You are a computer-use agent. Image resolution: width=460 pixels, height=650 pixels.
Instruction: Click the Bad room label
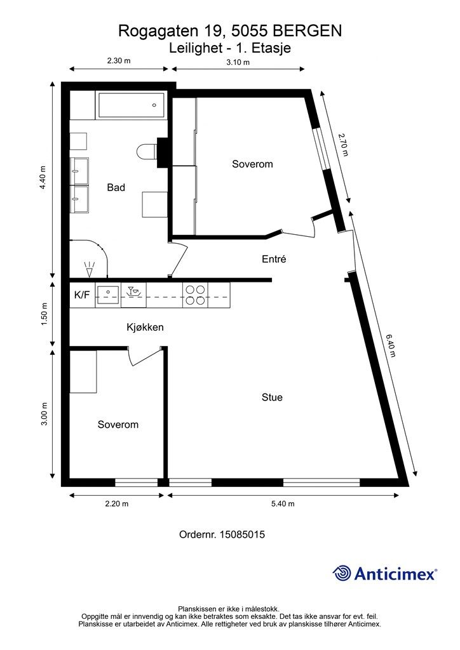[x=116, y=187]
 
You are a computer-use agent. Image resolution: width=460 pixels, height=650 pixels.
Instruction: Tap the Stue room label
[x=272, y=397]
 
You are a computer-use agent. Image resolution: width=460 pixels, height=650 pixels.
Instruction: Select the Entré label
[x=274, y=259]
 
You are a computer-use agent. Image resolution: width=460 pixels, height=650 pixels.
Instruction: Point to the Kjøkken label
[x=145, y=327]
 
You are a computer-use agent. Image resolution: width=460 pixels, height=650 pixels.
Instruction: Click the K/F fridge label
[x=82, y=295]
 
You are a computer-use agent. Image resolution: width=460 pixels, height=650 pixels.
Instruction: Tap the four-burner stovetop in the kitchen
[x=195, y=295]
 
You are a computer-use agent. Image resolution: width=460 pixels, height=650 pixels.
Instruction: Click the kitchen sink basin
[x=108, y=293]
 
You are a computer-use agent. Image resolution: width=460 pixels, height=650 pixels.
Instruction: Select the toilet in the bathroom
[x=146, y=151]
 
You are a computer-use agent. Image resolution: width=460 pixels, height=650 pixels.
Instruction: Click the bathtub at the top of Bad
[x=131, y=105]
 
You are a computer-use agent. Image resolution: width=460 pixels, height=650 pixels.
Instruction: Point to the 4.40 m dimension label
[x=43, y=178]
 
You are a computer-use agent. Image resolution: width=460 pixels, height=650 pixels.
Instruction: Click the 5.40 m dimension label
[x=283, y=503]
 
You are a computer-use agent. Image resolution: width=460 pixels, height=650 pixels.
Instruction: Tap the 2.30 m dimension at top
[x=119, y=60]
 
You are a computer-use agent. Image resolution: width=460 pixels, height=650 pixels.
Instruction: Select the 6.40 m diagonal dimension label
[x=391, y=345]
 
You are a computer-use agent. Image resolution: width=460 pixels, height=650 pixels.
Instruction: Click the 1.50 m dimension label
[x=44, y=314]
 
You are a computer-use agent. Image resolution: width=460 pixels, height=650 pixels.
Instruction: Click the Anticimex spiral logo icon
[x=342, y=573]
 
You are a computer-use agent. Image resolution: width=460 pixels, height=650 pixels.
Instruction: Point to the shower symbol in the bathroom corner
[x=89, y=269]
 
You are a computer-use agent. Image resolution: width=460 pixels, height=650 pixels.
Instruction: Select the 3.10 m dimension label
[x=238, y=63]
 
